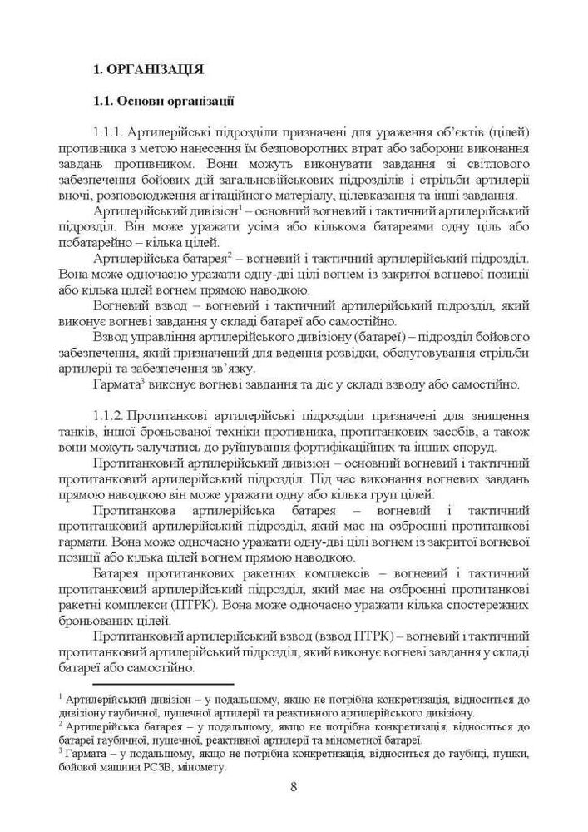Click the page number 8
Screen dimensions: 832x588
click(294, 787)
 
